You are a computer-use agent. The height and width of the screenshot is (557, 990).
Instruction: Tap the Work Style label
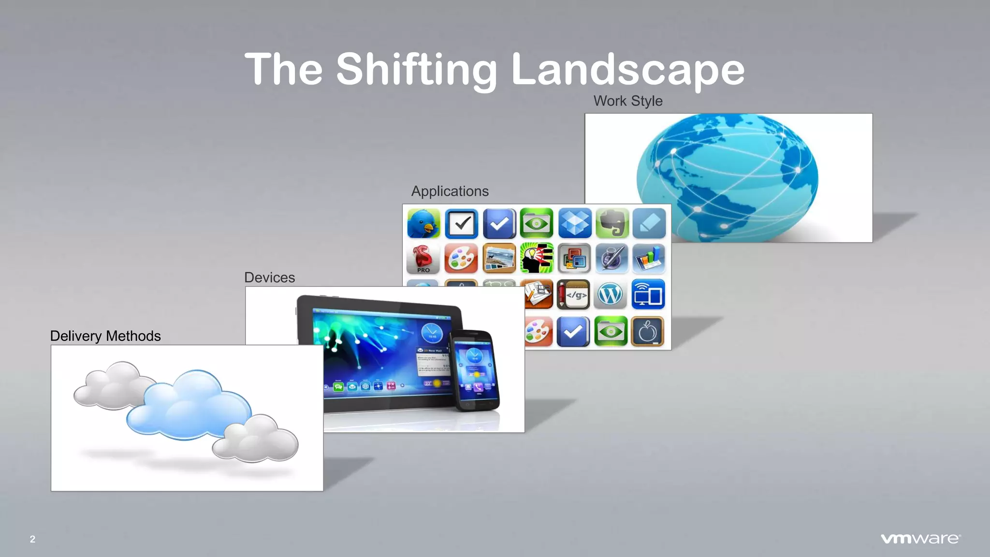(628, 101)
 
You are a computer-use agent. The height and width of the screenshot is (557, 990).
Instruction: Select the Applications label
(450, 191)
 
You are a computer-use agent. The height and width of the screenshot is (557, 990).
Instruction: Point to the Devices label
(269, 278)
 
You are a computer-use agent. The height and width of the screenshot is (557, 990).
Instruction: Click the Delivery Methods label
(105, 336)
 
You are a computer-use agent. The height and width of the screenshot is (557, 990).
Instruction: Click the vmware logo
(920, 539)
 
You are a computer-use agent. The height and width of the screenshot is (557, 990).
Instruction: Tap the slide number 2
(32, 539)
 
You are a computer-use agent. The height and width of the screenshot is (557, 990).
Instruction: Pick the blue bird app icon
(423, 223)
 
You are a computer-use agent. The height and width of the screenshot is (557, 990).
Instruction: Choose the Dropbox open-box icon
(574, 223)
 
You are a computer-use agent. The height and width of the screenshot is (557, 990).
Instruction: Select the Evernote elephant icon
(612, 223)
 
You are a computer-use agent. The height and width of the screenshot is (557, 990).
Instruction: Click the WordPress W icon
(610, 294)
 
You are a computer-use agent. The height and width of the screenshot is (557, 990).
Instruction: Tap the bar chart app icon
(649, 259)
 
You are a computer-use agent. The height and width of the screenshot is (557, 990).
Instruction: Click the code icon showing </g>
(574, 294)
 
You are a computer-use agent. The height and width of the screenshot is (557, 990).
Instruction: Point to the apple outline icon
(648, 332)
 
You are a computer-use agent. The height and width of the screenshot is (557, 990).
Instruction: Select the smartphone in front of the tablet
(474, 370)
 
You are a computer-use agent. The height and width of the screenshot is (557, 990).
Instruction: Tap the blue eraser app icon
(649, 223)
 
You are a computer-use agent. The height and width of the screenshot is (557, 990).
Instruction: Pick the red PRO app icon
(423, 259)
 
